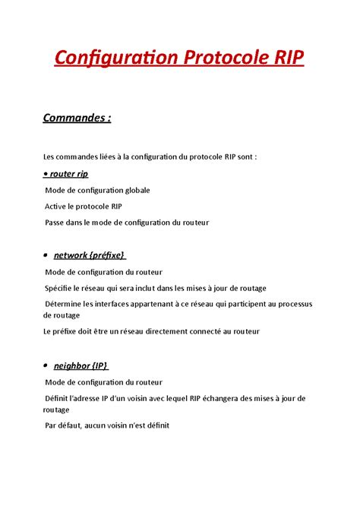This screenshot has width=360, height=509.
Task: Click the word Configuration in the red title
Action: click(109, 58)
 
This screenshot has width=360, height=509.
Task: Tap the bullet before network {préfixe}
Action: click(46, 255)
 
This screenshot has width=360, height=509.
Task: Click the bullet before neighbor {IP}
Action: click(46, 366)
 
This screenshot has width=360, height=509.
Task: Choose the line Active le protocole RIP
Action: click(83, 206)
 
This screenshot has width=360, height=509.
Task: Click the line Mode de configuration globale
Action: click(97, 190)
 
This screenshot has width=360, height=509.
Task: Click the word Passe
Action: click(57, 222)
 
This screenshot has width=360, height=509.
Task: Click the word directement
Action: click(172, 331)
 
